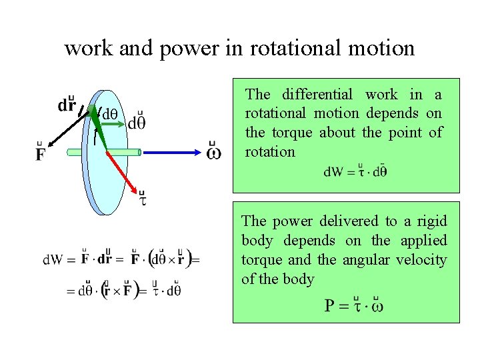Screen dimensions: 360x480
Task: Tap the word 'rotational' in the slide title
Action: point(277,48)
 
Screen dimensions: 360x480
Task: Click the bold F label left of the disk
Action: point(41,154)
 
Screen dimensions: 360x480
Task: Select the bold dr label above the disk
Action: point(67,105)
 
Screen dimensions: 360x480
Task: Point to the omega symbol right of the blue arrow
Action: point(213,153)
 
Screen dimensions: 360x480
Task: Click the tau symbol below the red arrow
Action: point(143,198)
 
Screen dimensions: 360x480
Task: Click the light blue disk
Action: point(107,173)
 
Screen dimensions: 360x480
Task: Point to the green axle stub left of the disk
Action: point(75,152)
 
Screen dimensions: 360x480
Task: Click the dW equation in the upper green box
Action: point(355,171)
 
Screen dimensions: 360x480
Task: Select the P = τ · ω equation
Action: point(353,305)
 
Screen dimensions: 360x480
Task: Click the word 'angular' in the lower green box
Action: point(365,259)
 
